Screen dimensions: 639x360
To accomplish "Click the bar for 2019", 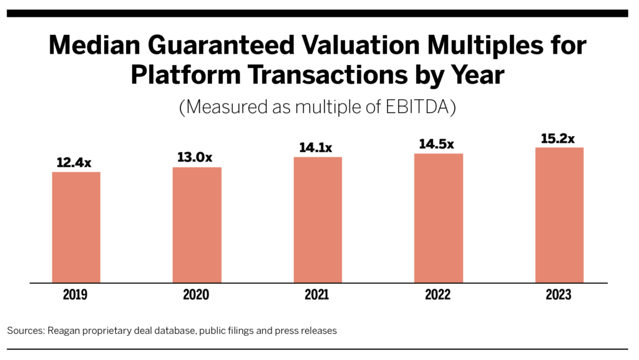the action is pos(76,227).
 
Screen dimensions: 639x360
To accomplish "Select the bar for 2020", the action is pos(197,225).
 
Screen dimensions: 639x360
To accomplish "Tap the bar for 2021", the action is pos(318,220).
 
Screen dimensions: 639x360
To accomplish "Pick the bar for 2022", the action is pos(439,218).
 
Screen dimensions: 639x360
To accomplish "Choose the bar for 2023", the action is pos(560,215).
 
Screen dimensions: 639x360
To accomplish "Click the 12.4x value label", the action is pos(74,162).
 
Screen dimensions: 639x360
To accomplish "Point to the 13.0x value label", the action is pos(195,157).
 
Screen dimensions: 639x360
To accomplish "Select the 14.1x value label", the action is pos(316,147).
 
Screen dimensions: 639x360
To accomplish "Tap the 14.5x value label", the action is pos(436,144).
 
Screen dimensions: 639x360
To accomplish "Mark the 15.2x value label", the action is pos(557,139).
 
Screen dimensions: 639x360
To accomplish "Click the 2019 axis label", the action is pos(75,294).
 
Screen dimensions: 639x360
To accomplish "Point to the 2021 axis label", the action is pos(316,294).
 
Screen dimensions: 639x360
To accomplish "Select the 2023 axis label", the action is pos(559,294).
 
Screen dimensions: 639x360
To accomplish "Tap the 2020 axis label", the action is pos(196,294).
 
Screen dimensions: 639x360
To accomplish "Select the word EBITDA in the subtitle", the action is pos(417,107).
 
